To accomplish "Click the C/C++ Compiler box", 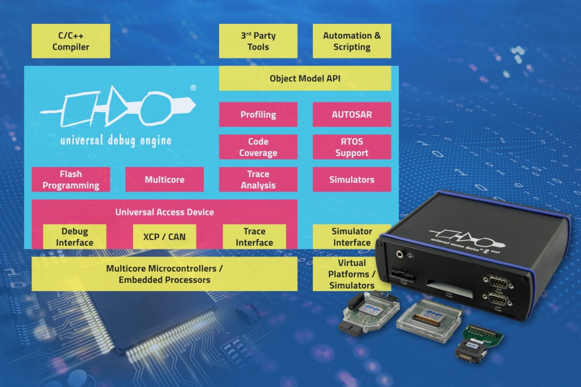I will tap(71, 41).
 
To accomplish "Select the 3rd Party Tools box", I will tap(258, 41).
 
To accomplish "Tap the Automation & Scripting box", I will tap(351, 41).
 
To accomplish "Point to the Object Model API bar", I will tap(305, 79).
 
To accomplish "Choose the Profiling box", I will tap(258, 115).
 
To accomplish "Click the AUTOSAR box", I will tap(351, 115).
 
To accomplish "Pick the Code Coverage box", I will tap(258, 147).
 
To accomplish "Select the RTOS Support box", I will tap(351, 147).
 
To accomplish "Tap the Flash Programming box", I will tap(71, 180).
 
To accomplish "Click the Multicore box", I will tap(164, 180).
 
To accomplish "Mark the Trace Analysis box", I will tap(258, 180).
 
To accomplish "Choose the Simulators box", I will tap(351, 180).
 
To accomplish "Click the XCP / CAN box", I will tap(164, 237).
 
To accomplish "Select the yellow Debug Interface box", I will tap(75, 237).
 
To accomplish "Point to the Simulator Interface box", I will tap(351, 237).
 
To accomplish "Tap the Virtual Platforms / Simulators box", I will tap(351, 274).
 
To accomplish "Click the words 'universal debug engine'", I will tap(116, 140).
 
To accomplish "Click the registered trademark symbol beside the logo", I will tap(193, 88).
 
